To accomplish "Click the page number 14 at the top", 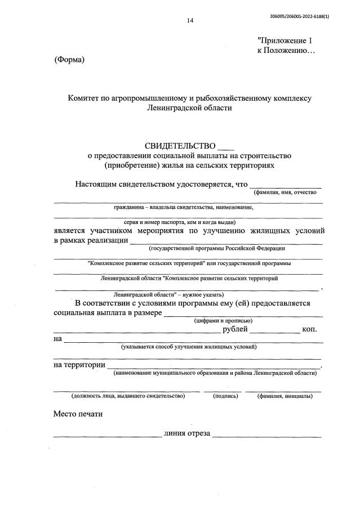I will pyautogui.click(x=190, y=21).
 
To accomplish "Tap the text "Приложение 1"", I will pyautogui.click(x=284, y=41).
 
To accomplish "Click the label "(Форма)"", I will pyautogui.click(x=69, y=60).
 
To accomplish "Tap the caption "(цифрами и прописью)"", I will pyautogui.click(x=219, y=320).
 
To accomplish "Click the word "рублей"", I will pyautogui.click(x=234, y=329).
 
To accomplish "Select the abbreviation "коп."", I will pyautogui.click(x=309, y=329).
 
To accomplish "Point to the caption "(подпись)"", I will pyautogui.click(x=225, y=396).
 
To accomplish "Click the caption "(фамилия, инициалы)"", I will pyautogui.click(x=285, y=396).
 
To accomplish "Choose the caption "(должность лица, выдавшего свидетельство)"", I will pyautogui.click(x=121, y=396).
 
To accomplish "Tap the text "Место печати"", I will pyautogui.click(x=78, y=414).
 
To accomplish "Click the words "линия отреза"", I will pyautogui.click(x=187, y=433).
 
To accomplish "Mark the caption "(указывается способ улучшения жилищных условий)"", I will pyautogui.click(x=189, y=347).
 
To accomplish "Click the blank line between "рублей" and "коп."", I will pyautogui.click(x=275, y=332).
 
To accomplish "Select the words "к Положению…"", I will pyautogui.click(x=286, y=51).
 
